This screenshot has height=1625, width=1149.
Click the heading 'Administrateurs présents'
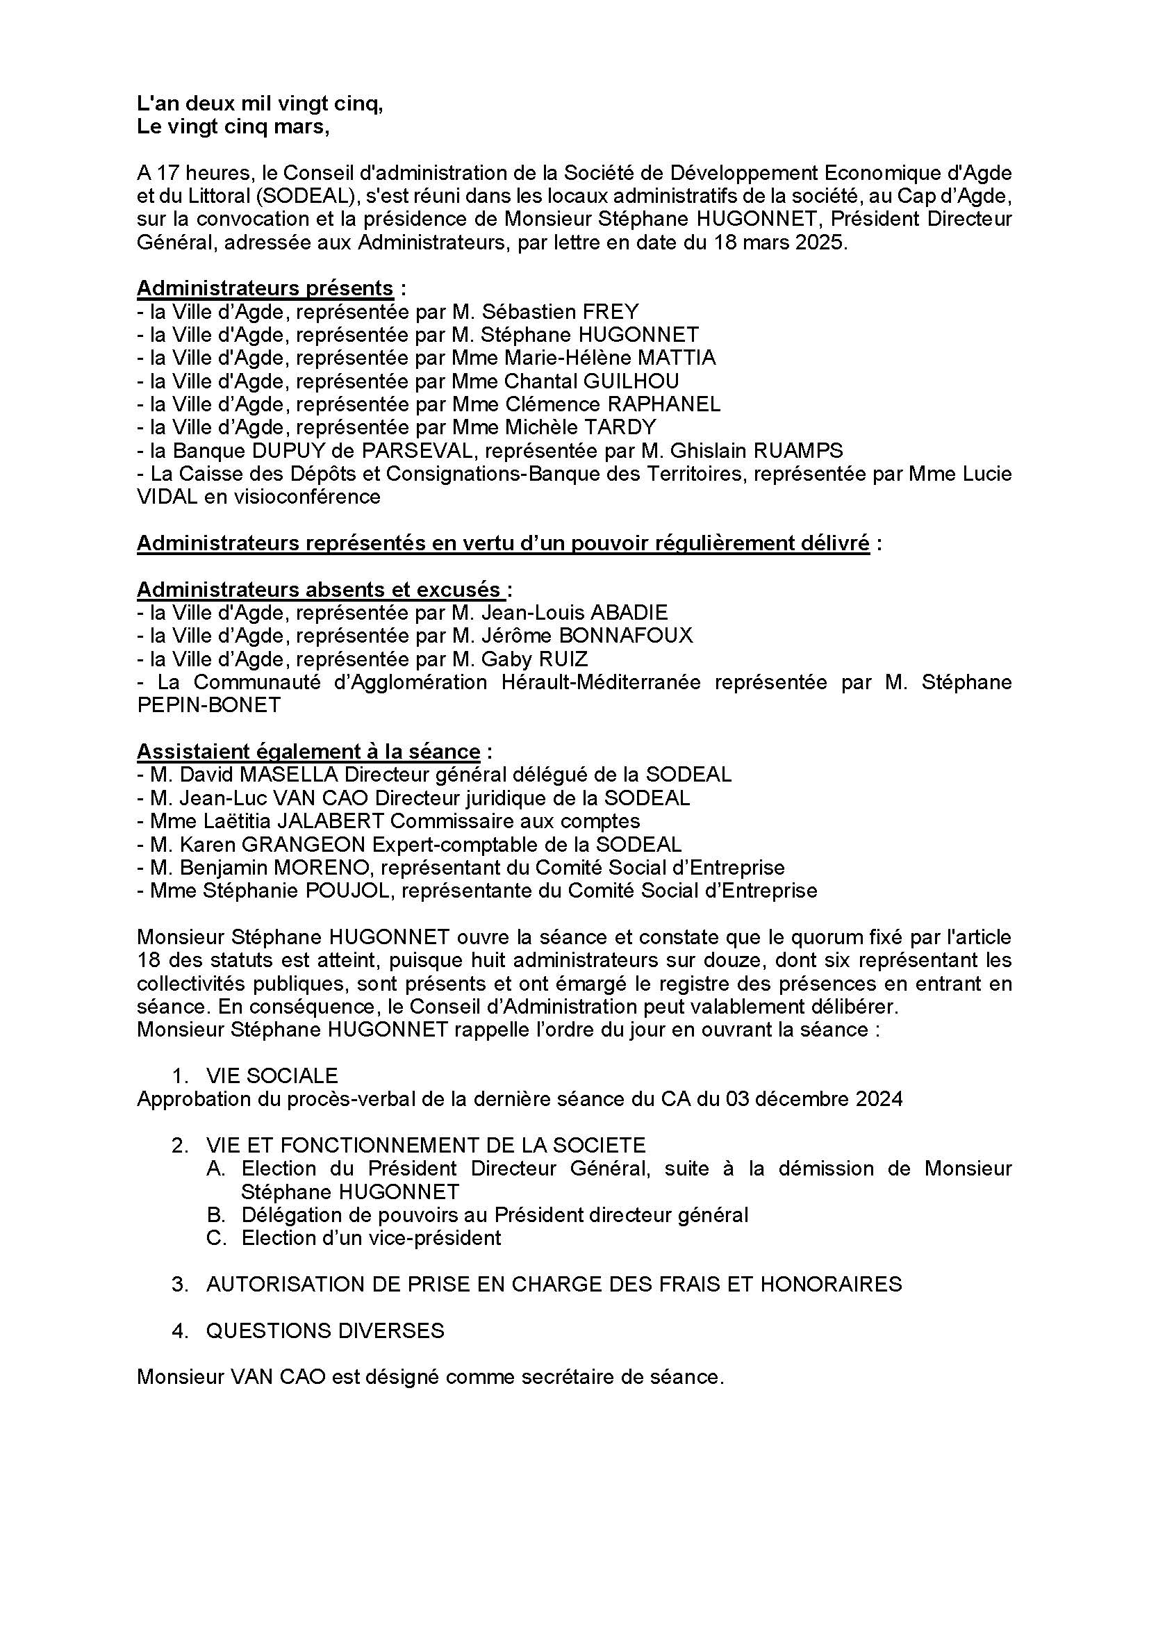point(265,289)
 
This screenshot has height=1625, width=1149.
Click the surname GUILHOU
point(630,381)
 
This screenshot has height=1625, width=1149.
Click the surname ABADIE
point(628,612)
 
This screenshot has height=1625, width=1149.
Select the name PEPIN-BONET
point(208,705)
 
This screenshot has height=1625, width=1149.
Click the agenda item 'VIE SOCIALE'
point(272,1075)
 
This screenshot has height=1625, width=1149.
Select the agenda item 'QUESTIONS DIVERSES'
point(324,1331)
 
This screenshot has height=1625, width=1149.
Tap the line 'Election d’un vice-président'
point(371,1238)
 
